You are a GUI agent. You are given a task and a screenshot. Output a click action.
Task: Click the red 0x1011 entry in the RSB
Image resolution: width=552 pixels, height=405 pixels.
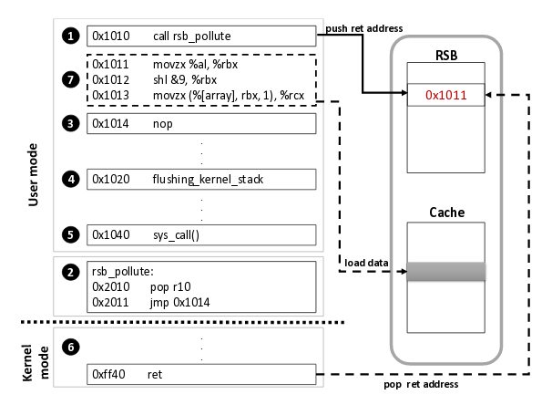pyautogui.click(x=446, y=94)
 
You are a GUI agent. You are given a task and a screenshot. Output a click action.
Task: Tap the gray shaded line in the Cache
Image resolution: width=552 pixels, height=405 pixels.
pyautogui.click(x=446, y=271)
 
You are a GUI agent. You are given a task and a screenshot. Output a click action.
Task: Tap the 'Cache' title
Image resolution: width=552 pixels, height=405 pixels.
pyautogui.click(x=446, y=212)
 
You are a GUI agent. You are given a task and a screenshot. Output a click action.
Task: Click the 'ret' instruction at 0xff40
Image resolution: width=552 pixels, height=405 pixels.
pyautogui.click(x=155, y=374)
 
